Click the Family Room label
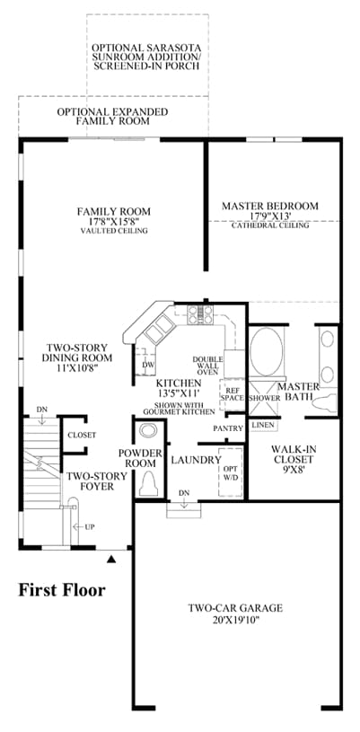pos(114,211)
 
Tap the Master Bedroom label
pos(270,206)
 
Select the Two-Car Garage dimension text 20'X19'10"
pos(235,621)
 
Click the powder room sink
pos(149,429)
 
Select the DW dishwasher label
pos(147,365)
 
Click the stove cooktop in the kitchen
pos(200,314)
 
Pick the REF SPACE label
pos(232,393)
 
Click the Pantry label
pos(228,428)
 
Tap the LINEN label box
pos(262,426)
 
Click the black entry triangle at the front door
pos(110,559)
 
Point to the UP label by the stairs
pos(89,526)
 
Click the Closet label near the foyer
pos(82,435)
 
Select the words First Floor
pos(62,591)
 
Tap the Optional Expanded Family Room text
pos(112,116)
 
